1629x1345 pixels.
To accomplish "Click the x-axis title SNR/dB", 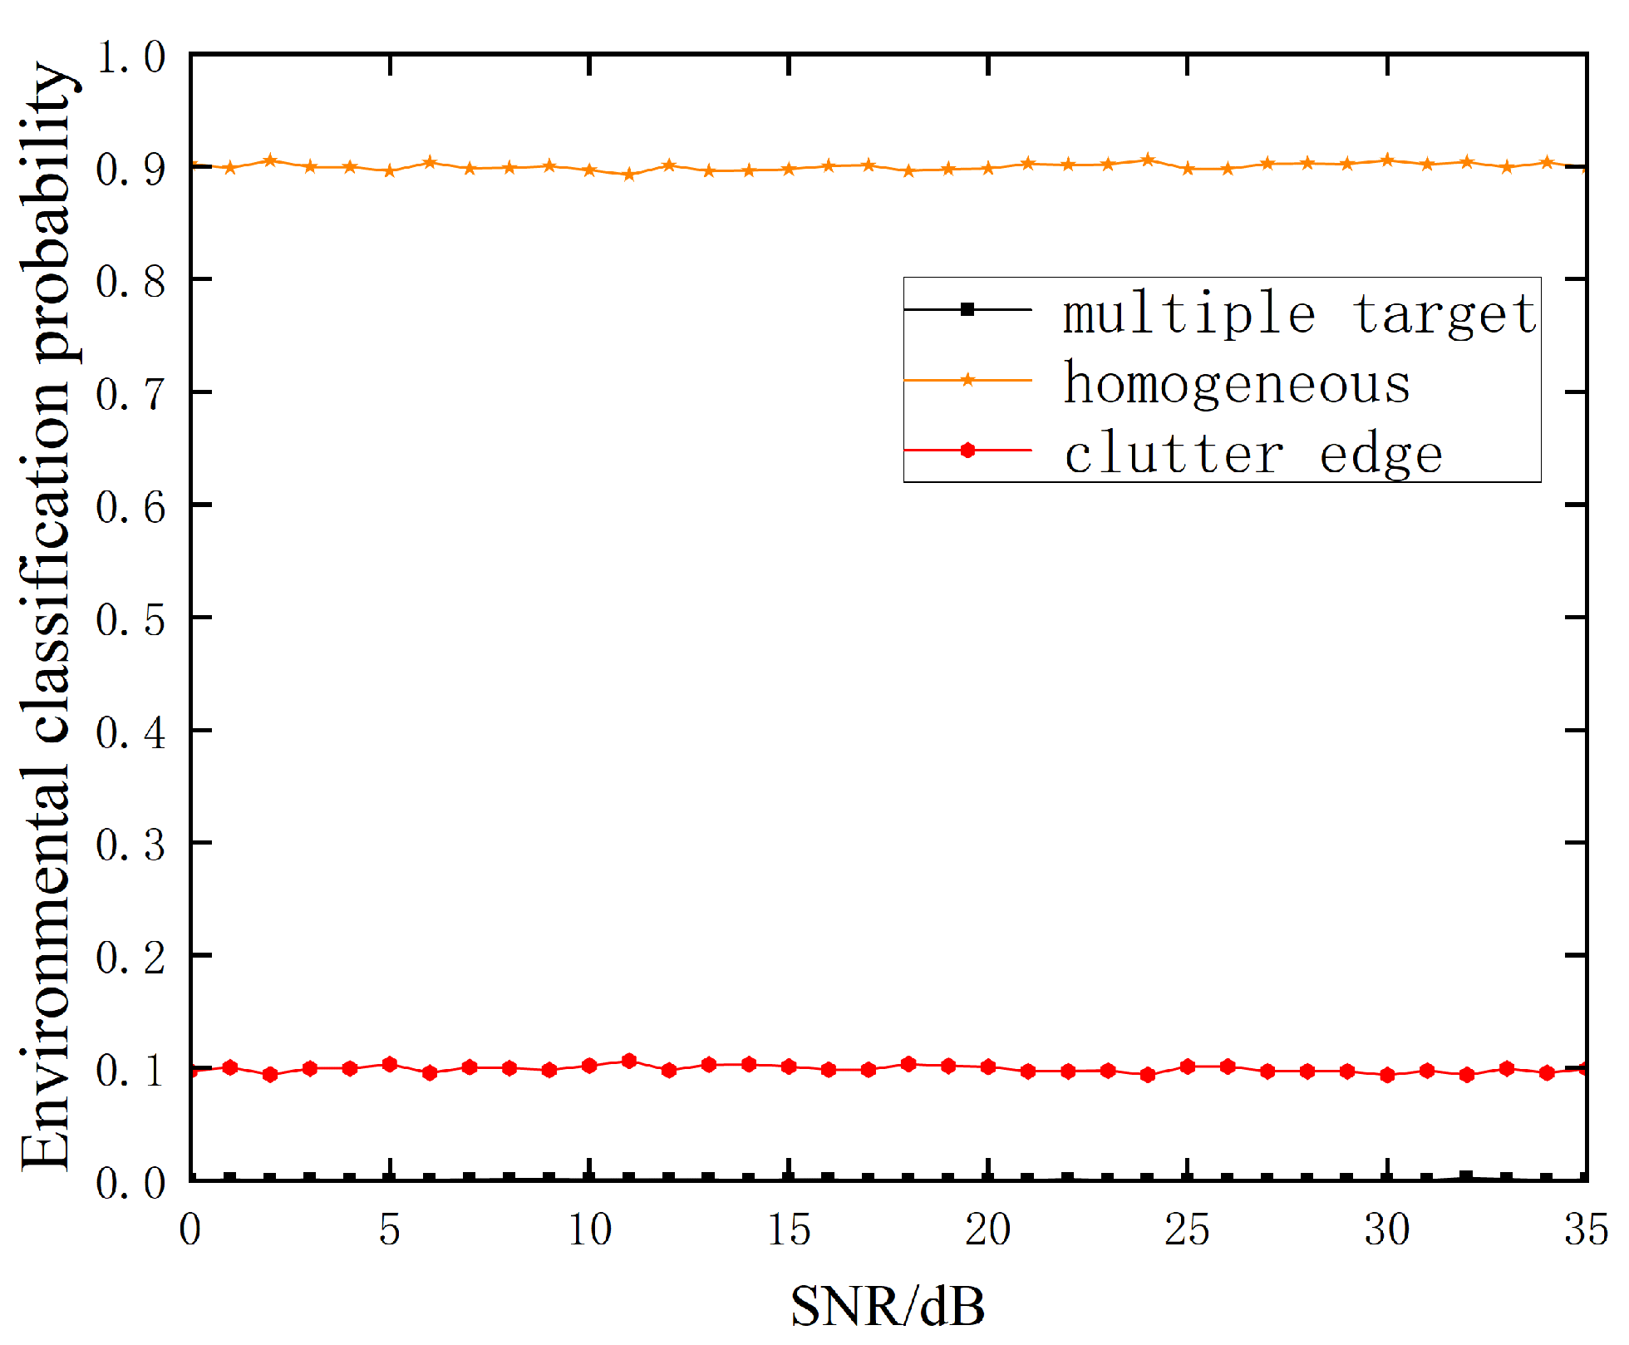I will pos(888,1306).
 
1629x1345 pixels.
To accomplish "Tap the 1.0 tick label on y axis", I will pos(130,57).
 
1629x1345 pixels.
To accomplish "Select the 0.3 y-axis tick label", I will pos(130,845).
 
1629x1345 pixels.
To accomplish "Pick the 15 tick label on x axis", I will pos(789,1229).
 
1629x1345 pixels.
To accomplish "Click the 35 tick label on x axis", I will pos(1586,1229).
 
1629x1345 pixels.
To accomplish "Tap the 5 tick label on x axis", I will pos(390,1229).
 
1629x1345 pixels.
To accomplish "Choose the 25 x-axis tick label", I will pos(1187,1229).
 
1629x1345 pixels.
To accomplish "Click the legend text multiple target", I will pos(1300,314).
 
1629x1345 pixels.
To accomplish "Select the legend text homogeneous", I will pos(1237,384).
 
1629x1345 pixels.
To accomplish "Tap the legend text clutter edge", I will pos(1253,455).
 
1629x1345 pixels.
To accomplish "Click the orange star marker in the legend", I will pos(967,380).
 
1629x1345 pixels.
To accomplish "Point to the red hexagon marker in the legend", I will pos(967,451).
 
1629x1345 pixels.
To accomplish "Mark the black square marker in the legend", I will pos(967,309).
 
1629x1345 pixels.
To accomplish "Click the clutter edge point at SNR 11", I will pos(629,1061).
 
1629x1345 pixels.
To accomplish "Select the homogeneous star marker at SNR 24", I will pos(1148,160).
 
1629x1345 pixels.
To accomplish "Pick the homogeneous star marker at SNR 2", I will pos(270,160).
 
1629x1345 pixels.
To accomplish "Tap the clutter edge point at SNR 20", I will pos(988,1067).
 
